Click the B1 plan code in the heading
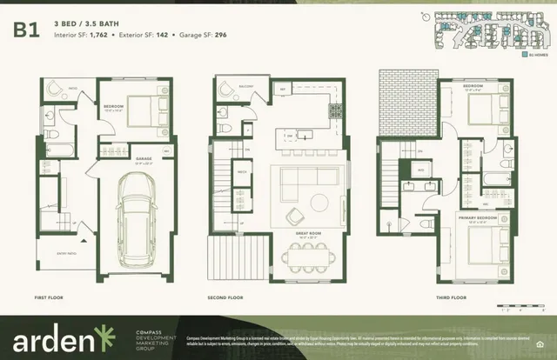pos(25,29)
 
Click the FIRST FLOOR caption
pos(54,297)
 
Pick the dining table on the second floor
pos(309,258)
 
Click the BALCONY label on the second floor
pos(245,85)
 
